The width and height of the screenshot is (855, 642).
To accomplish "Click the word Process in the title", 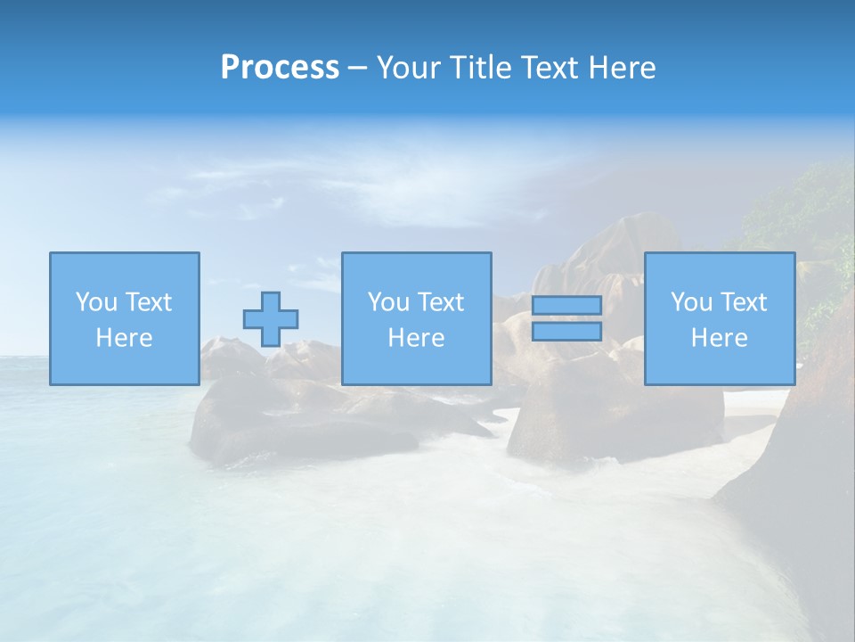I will [x=280, y=67].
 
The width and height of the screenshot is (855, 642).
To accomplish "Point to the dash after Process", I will [x=357, y=68].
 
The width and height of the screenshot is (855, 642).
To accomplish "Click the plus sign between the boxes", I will [x=271, y=318].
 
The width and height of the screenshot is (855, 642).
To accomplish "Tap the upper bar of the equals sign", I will [x=566, y=305].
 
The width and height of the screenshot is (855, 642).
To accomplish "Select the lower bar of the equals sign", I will [x=566, y=332].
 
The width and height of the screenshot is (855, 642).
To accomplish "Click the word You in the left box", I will [x=96, y=302].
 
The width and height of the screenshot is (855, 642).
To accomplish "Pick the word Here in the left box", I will [x=124, y=338].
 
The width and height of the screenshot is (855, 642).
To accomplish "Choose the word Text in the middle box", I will [x=440, y=302].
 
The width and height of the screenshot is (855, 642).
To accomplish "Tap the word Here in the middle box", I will [x=416, y=338].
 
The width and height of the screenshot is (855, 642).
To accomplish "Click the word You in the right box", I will [x=691, y=302].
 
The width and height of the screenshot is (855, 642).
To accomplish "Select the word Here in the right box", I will [x=719, y=338].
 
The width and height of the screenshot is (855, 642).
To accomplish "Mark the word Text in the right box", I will [x=743, y=302].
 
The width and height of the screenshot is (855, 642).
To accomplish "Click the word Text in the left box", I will [x=148, y=302].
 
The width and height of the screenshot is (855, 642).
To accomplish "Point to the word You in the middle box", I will [x=388, y=302].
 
